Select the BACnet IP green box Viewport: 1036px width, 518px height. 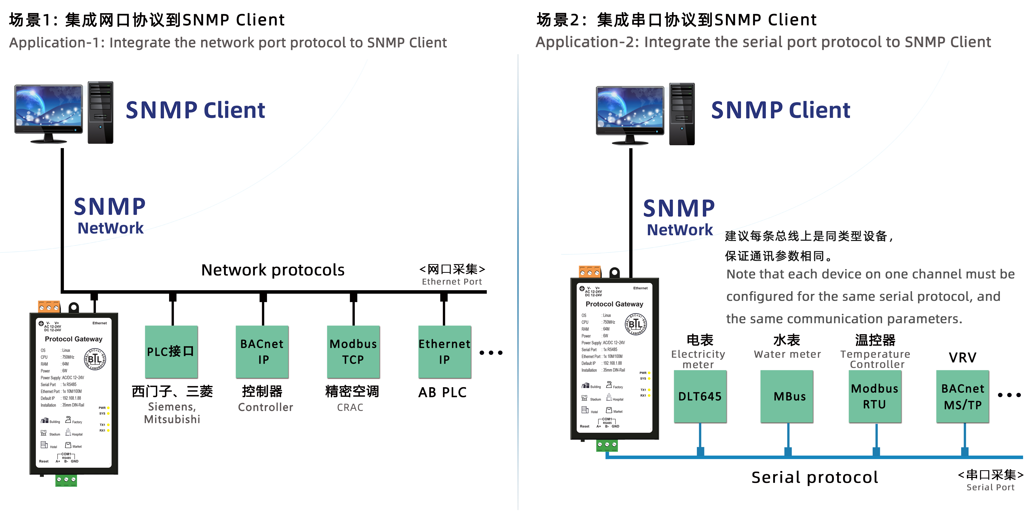point(262,351)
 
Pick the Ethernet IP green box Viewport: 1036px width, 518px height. point(444,351)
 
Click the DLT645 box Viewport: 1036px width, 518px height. point(700,396)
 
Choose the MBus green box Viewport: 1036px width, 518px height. point(787,396)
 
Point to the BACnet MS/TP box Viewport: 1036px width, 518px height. point(963,396)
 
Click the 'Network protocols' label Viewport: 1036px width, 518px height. point(273,270)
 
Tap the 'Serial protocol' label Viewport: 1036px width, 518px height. point(815,477)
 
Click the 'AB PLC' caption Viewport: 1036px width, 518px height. point(442,392)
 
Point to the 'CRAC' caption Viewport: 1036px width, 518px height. point(350,407)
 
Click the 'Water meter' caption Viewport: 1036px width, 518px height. point(787,354)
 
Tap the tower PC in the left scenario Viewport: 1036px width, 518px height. point(100,113)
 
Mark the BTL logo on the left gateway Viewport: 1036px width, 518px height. point(95,359)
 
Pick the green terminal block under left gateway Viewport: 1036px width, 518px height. point(66,480)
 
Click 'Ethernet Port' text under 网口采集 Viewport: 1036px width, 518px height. point(452,282)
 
